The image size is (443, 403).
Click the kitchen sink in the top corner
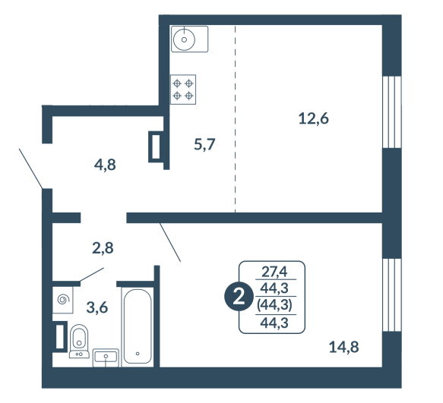point(189,39)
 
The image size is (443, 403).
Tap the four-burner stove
point(183,90)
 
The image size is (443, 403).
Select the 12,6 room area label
point(314,118)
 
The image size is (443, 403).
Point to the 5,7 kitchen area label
point(204,144)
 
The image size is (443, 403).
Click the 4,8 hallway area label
point(105,165)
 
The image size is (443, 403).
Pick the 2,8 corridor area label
point(103,248)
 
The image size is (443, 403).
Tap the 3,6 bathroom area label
point(97,307)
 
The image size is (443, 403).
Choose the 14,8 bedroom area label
point(343,347)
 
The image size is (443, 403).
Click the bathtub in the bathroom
point(138,326)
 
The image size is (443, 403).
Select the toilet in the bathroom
point(79,342)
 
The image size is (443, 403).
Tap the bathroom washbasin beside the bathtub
point(106,357)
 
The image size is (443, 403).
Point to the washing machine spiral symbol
point(63,300)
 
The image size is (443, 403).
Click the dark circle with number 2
point(239,297)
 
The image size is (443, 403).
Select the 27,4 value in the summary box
point(274,272)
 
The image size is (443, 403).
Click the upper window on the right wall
point(392,112)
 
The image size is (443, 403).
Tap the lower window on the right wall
point(392,295)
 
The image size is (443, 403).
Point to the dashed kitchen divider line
point(235,118)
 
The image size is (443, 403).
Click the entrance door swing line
point(31,168)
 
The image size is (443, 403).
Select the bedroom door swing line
point(170,242)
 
